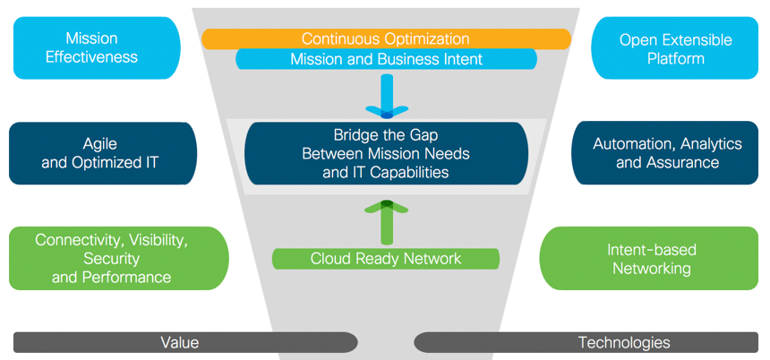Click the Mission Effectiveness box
97,47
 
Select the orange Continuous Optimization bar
386,39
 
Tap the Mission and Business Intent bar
386,60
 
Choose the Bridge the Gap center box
386,153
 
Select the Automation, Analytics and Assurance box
667,153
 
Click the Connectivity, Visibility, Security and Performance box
112,259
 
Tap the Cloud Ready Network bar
386,259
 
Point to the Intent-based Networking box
651,259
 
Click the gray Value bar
184,342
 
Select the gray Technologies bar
587,342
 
